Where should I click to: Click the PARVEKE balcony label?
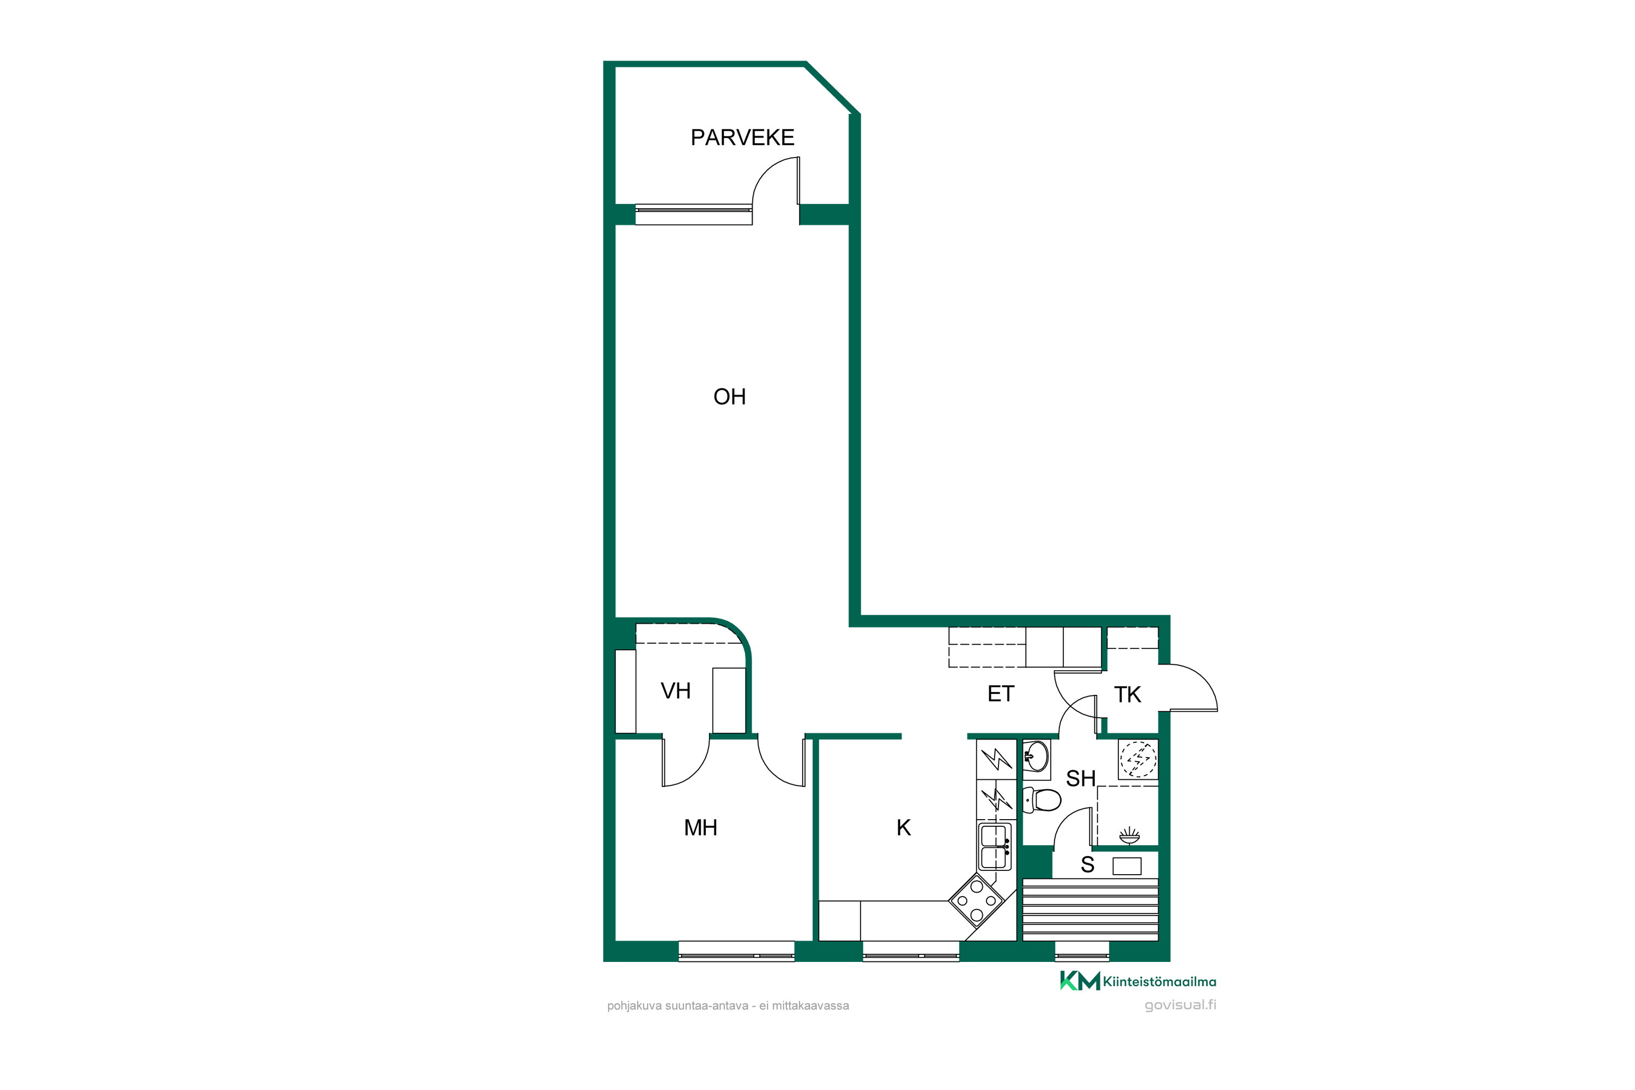(742, 138)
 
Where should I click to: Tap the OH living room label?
(729, 397)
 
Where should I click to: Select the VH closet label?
(676, 691)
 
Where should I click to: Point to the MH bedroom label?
(701, 828)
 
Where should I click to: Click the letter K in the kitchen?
(904, 828)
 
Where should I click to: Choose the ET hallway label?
(1001, 694)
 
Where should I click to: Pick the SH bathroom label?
(1081, 779)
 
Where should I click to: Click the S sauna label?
(1088, 865)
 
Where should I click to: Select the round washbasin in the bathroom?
(1037, 756)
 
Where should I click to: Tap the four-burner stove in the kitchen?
(977, 901)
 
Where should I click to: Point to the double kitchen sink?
(995, 847)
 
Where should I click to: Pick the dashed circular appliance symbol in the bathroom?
(1139, 759)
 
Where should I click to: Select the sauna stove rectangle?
(1127, 866)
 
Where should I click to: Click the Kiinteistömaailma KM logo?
(1138, 981)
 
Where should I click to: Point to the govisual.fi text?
(1180, 1005)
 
